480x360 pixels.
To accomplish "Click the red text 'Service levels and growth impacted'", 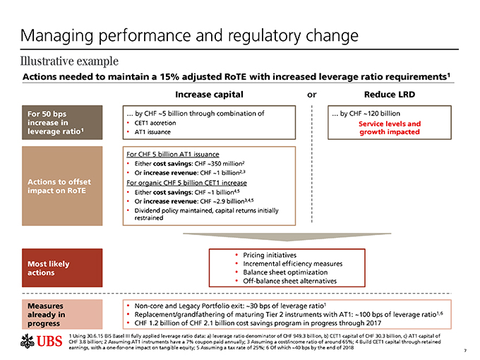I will pos(390,128).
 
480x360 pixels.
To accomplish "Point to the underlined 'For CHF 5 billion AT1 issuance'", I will pos(172,154).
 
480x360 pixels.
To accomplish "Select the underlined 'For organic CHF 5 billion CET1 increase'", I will pos(186,181).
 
